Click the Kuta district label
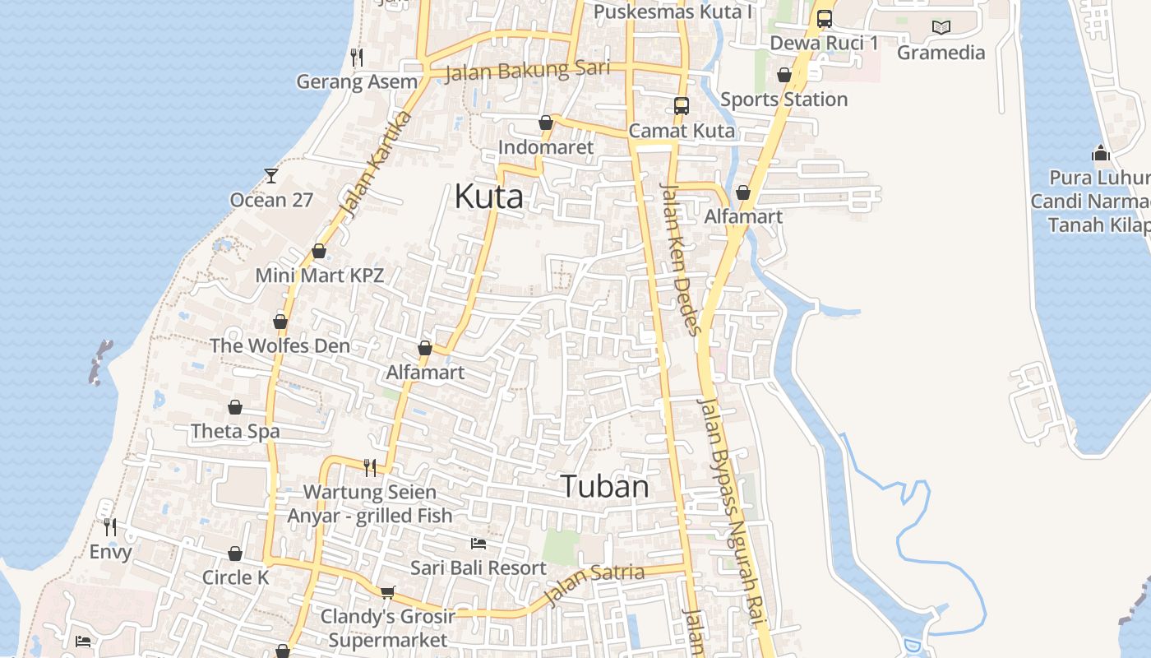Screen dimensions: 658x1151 pos(488,197)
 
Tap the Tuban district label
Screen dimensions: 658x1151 pos(605,487)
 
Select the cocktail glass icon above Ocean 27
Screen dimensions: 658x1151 pos(271,175)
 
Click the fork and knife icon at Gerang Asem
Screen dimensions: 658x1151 pos(357,57)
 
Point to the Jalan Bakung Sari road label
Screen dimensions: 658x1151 pos(527,71)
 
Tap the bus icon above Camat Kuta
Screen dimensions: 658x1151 pos(682,106)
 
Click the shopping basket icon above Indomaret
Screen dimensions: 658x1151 pos(545,123)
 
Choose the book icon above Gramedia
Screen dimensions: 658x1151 pos(941,27)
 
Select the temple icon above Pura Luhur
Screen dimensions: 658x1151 pos(1101,153)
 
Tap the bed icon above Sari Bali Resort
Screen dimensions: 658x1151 pos(478,544)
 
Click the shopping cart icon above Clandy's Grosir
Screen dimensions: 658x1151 pos(387,592)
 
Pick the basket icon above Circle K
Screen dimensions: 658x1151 pos(235,554)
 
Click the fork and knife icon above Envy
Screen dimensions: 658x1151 pos(110,526)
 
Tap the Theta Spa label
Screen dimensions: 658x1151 pos(235,431)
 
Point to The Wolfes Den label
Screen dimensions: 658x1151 pos(280,345)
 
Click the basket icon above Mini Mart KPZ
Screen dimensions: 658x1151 pos(319,251)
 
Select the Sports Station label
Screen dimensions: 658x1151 pos(784,100)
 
